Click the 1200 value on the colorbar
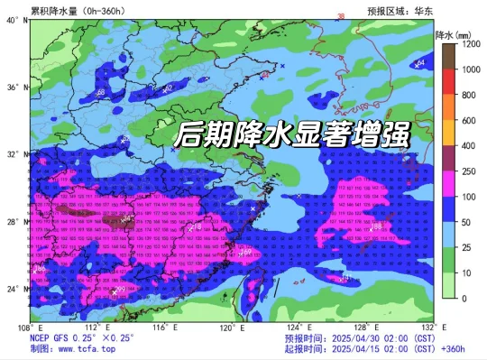pyautogui.click(x=471, y=43)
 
